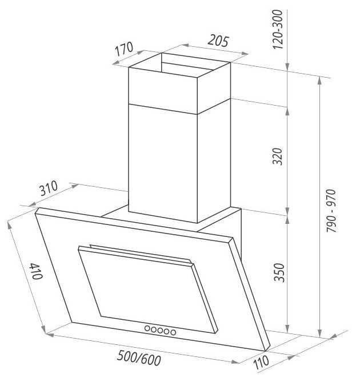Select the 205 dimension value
[x=218, y=41]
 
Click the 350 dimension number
[x=278, y=272]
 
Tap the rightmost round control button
[x=172, y=331]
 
